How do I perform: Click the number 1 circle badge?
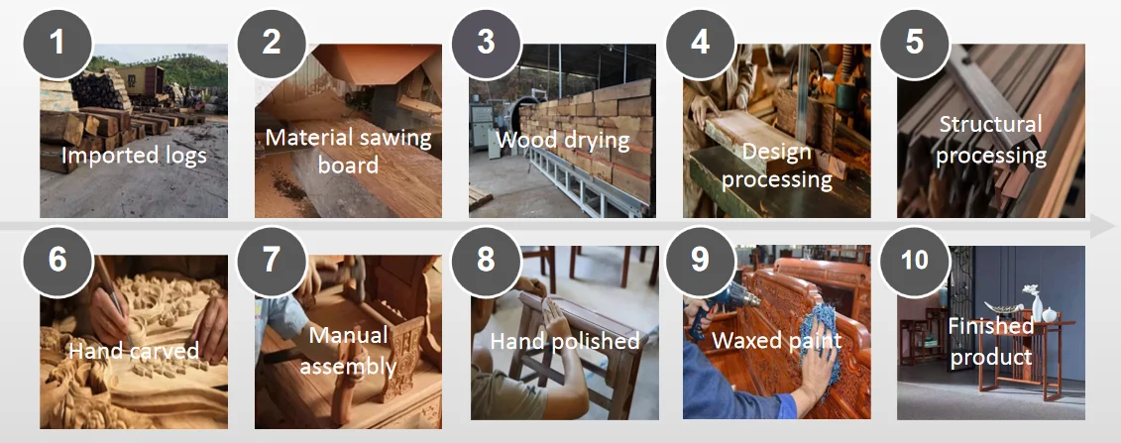57,44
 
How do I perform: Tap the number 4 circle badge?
701,44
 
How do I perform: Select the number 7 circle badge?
272,261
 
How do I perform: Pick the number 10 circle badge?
915,261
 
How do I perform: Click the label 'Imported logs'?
134,155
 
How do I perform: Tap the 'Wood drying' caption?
563,140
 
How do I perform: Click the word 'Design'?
776,152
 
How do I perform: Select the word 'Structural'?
990,124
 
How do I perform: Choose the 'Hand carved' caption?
134,351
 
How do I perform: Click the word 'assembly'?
348,366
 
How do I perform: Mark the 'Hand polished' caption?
565,341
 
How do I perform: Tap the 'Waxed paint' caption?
776,340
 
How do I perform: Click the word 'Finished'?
991,327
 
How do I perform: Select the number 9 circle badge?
701,261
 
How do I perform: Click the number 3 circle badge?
486,44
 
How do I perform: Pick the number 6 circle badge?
57,261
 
